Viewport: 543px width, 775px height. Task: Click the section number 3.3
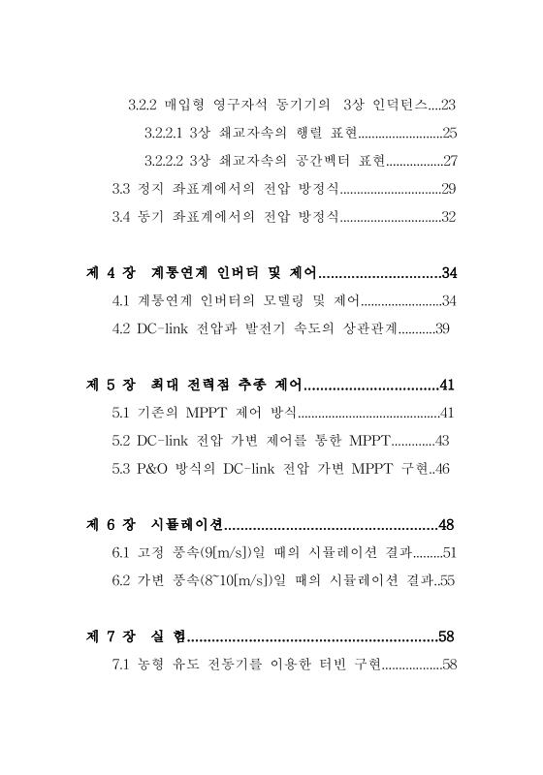pos(123,189)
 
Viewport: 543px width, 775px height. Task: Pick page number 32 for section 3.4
pos(448,217)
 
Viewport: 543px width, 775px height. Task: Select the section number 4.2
pos(123,329)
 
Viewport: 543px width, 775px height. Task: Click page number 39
pos(442,329)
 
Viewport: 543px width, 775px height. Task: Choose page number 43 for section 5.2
pos(442,442)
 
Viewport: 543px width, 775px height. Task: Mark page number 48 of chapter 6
pos(446,526)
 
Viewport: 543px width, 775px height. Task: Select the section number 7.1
pos(123,666)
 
